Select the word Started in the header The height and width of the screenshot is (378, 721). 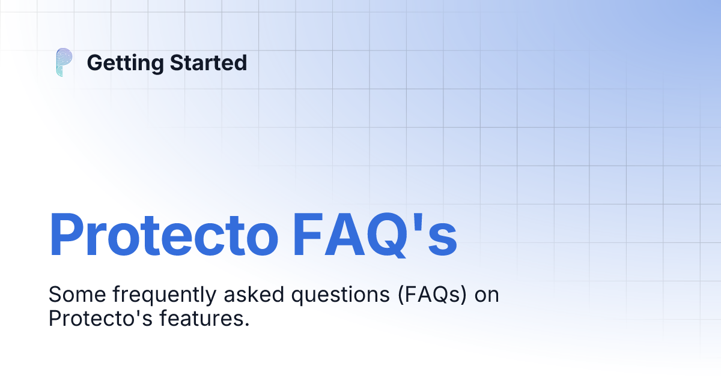[x=208, y=62]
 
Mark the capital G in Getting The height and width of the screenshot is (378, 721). [x=95, y=62]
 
